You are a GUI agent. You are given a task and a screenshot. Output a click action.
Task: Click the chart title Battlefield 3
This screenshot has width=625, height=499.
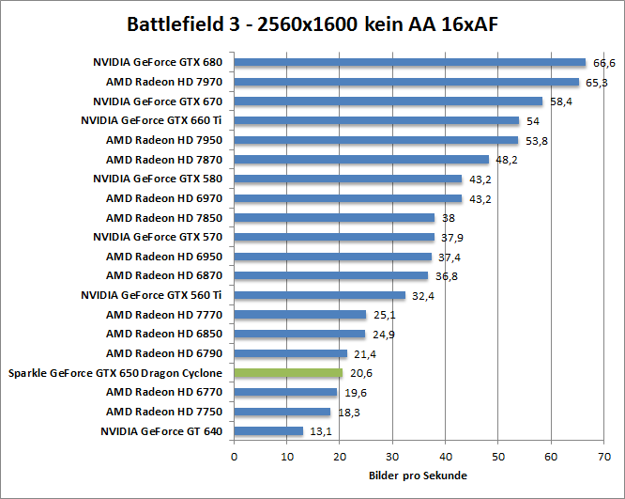(x=312, y=23)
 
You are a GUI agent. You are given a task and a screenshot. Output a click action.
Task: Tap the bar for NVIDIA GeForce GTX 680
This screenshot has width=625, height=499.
(x=409, y=63)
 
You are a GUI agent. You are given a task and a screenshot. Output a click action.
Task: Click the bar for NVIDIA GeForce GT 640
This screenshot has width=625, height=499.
(x=268, y=431)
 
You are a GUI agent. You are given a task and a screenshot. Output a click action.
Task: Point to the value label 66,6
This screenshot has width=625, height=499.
(x=604, y=63)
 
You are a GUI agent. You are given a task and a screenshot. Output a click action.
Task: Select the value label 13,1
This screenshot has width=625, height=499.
(x=321, y=431)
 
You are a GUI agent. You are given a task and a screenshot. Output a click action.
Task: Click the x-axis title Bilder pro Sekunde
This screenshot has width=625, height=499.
(x=419, y=476)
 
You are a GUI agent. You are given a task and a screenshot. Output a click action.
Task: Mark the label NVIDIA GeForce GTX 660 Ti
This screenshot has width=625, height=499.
(x=152, y=121)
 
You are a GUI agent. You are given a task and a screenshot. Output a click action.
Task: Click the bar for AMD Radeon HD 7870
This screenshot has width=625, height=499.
(x=361, y=160)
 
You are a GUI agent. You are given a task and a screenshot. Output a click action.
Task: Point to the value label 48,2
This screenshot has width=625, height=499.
(x=508, y=161)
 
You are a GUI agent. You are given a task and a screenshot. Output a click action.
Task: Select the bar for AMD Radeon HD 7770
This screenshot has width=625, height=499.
(x=299, y=315)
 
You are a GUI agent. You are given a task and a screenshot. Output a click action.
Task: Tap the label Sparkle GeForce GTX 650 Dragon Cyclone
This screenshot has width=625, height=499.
(x=115, y=373)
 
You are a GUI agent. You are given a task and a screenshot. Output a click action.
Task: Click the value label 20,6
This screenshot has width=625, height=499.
(x=361, y=373)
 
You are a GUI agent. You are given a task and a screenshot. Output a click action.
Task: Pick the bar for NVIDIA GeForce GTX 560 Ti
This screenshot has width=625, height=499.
(x=319, y=295)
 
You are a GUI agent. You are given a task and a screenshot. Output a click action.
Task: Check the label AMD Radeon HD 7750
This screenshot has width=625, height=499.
(x=164, y=412)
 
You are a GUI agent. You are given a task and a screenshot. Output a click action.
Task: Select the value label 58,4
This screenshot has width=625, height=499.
(x=561, y=102)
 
